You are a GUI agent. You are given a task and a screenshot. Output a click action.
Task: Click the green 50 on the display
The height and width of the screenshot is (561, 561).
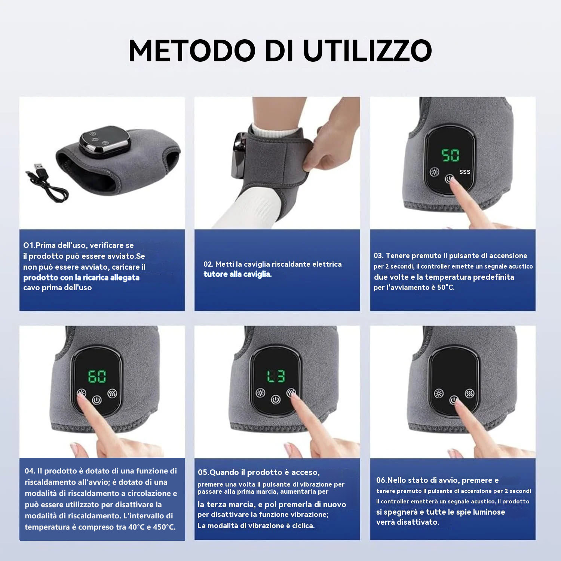(450, 155)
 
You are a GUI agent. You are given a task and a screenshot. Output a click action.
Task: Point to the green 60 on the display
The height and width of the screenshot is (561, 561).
(97, 376)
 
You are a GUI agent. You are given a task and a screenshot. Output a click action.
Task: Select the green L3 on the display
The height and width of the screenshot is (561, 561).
(276, 376)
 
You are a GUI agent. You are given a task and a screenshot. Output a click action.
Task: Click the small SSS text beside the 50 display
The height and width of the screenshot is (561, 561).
(465, 172)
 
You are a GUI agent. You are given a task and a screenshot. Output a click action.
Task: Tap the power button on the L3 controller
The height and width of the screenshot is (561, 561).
(276, 399)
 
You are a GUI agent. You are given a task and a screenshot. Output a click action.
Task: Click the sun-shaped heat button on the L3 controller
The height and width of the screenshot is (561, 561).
(260, 393)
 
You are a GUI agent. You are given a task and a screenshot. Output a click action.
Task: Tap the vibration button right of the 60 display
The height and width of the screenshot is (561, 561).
(112, 393)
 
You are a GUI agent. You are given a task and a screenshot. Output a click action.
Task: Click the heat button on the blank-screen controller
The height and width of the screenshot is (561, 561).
(439, 393)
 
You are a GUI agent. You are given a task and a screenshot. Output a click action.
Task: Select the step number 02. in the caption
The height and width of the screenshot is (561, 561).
(208, 264)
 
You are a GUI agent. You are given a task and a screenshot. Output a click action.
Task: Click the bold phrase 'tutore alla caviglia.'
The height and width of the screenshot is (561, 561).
(237, 274)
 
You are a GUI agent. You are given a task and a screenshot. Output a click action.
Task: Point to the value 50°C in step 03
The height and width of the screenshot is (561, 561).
(446, 287)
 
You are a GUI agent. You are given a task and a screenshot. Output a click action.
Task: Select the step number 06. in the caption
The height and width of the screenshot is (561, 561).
(381, 480)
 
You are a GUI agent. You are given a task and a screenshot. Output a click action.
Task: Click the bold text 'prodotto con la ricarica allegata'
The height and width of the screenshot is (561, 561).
(81, 278)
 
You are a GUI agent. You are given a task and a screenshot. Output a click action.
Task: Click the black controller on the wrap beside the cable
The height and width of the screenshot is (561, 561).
(105, 140)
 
